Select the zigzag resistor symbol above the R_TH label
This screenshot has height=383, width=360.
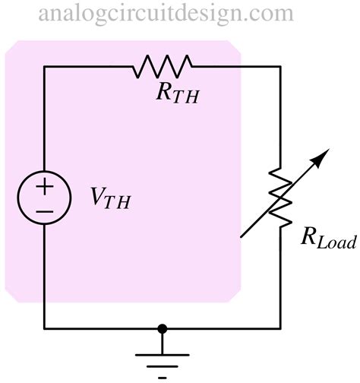(163, 66)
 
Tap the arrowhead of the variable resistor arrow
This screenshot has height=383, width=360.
(324, 155)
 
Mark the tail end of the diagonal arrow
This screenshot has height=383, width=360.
(241, 237)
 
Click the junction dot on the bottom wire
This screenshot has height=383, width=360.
(161, 328)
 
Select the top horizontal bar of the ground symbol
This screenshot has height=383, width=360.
(161, 355)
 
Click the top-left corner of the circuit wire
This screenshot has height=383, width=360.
(44, 66)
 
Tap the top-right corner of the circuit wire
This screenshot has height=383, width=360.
(280, 66)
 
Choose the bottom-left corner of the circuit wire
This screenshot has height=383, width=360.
(44, 328)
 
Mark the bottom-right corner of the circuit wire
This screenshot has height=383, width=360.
(280, 328)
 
